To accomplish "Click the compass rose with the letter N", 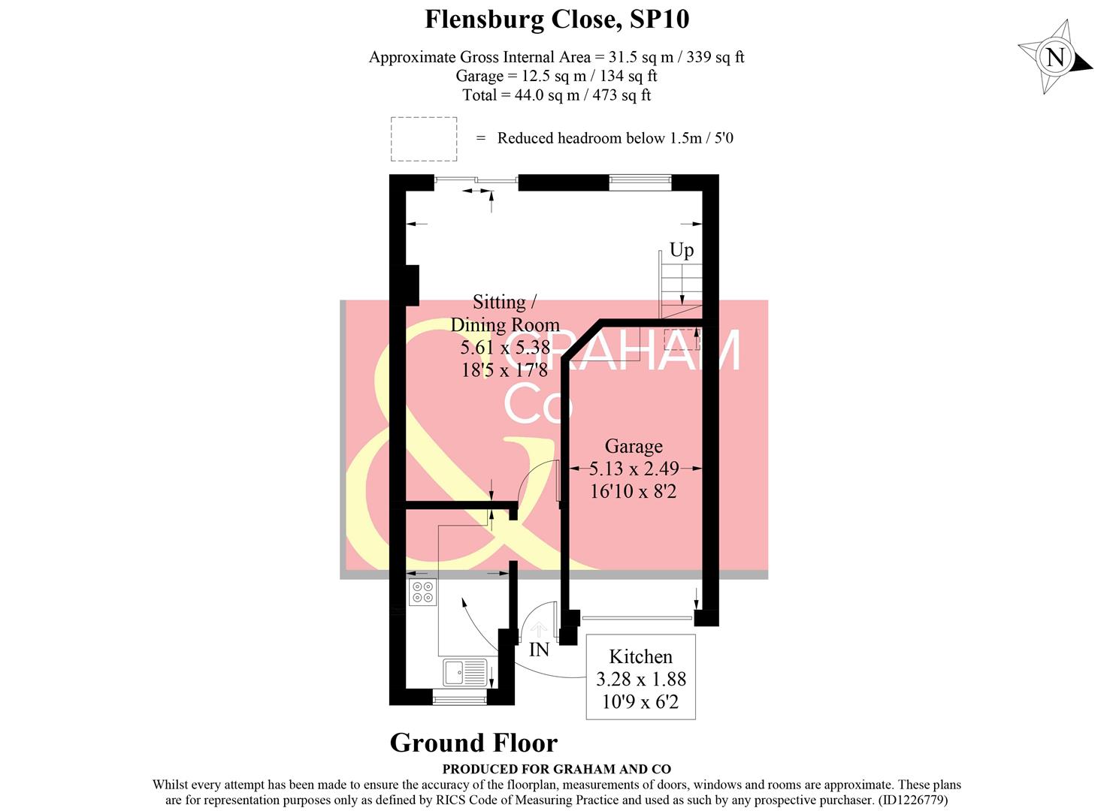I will tap(1055, 57).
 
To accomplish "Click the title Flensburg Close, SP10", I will tap(557, 19).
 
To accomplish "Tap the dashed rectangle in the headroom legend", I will tap(424, 139).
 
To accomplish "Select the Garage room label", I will tap(634, 446).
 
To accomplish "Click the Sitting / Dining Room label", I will tap(505, 313).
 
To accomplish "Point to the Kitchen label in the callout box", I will tap(640, 656).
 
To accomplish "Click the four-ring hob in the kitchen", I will tap(422, 592).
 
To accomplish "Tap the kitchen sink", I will tap(464, 672).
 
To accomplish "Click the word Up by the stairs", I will tap(682, 250).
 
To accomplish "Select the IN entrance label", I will tap(539, 650).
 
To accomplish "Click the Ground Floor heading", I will tap(473, 743).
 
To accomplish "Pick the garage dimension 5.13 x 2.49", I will tap(634, 469).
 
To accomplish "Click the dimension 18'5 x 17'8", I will tap(505, 369).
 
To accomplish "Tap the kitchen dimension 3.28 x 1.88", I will tap(641, 679).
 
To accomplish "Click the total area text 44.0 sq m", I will tap(556, 95).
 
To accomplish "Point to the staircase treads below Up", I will tap(681, 289).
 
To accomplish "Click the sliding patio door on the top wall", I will tap(476, 180).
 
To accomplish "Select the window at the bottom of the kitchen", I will tap(460, 698).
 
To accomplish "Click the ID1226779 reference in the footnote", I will tap(918, 800).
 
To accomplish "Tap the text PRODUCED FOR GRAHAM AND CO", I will tap(556, 769).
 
